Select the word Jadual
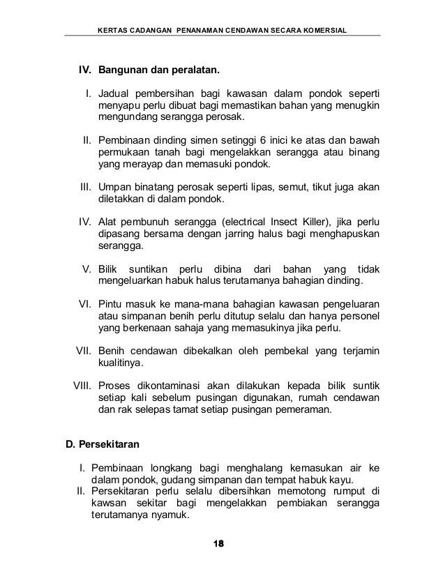tap(114, 93)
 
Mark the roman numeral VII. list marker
tap(84, 351)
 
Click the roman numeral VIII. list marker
tap(82, 385)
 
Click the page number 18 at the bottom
tap(223, 544)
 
